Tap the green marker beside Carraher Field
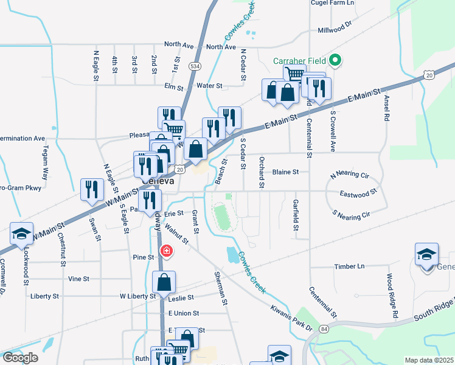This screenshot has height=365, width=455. [x=334, y=61]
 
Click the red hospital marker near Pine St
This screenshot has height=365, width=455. [x=165, y=251]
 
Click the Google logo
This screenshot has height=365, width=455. [x=20, y=358]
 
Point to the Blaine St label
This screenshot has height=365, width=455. [x=285, y=172]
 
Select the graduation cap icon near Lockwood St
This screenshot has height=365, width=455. [x=21, y=235]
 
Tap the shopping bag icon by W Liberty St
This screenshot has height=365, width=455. [x=164, y=283]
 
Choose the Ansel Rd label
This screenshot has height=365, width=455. [x=386, y=108]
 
